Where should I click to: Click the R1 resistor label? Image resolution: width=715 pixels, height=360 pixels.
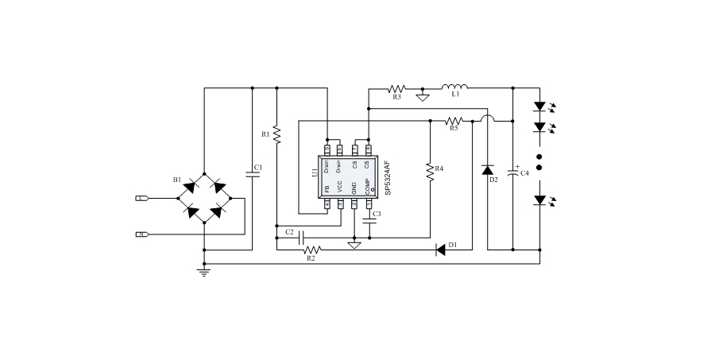[x=265, y=134]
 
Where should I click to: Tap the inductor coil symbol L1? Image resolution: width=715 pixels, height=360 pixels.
[x=454, y=87]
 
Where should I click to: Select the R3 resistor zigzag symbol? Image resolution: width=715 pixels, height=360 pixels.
[x=396, y=87]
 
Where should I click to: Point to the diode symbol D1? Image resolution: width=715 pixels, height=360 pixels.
[x=441, y=250]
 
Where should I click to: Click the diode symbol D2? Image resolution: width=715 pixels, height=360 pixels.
[x=487, y=170]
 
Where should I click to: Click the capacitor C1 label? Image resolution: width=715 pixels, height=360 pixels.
[x=257, y=167]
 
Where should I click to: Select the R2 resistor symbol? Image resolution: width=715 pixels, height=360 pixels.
[x=311, y=250]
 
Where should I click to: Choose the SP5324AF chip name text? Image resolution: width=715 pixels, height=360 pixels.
[x=387, y=176]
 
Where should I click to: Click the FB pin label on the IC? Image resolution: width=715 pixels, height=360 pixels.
[x=327, y=188]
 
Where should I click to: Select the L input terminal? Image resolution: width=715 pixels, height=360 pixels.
[x=141, y=198]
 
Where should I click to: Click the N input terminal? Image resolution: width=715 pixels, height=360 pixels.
[x=141, y=234]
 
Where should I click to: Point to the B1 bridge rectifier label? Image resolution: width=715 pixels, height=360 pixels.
[x=176, y=180]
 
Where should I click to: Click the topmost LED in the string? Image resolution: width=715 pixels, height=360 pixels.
[x=539, y=106]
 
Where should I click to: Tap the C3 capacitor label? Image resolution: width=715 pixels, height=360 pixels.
[x=377, y=215]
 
